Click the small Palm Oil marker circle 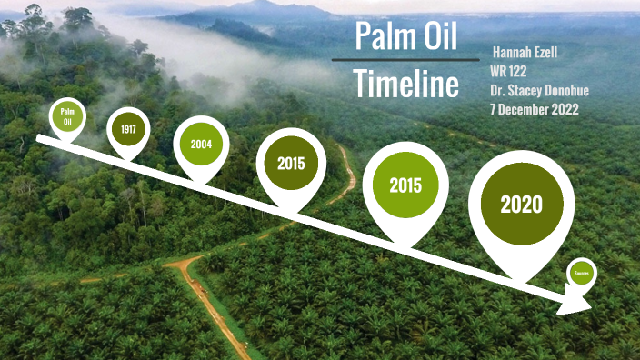click(x=66, y=115)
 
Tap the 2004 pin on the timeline click(x=201, y=144)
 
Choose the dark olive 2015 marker click(x=292, y=164)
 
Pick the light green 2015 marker click(x=405, y=185)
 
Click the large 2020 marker click(x=521, y=205)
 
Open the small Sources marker click(x=582, y=273)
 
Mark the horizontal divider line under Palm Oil click(x=405, y=60)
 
